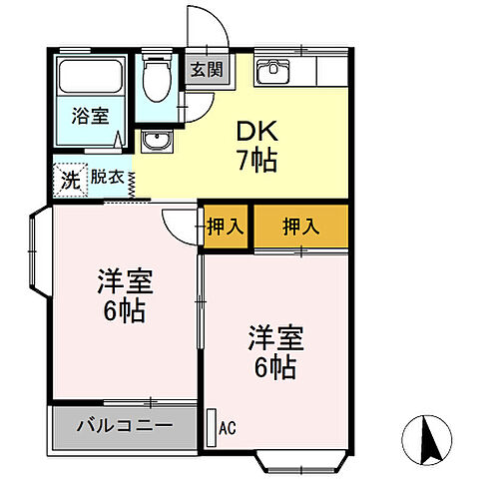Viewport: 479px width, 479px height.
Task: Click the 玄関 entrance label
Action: tap(208, 72)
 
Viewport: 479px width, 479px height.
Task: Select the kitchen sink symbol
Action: tap(271, 72)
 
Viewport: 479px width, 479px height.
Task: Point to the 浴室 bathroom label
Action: tap(89, 116)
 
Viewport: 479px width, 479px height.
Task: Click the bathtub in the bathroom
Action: tap(90, 78)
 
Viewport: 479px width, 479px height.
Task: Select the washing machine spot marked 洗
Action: tap(69, 180)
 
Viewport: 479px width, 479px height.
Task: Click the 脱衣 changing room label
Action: tap(108, 179)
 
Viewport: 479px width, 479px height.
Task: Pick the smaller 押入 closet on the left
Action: tap(226, 226)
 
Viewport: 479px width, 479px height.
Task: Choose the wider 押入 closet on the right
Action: tap(300, 226)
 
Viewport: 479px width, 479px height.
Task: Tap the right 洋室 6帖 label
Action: tap(271, 352)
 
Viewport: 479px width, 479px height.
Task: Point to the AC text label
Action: tap(228, 429)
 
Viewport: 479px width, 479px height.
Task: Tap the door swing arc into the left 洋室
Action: tap(180, 225)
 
